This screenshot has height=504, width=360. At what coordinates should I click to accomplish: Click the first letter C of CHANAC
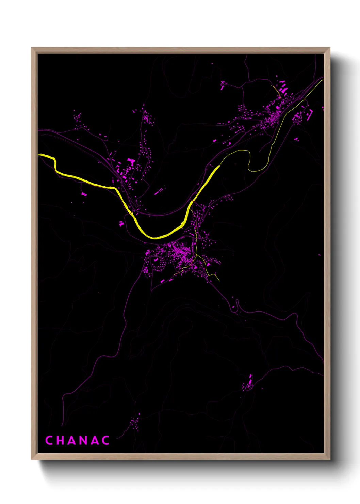tap(49, 440)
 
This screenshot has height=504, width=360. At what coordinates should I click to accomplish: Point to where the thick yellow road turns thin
tap(219, 166)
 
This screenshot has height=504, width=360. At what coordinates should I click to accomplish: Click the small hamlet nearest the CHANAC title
tap(135, 422)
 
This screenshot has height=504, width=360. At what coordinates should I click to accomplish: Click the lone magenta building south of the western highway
tap(84, 194)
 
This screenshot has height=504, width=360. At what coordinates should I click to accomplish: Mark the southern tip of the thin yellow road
tap(219, 281)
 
